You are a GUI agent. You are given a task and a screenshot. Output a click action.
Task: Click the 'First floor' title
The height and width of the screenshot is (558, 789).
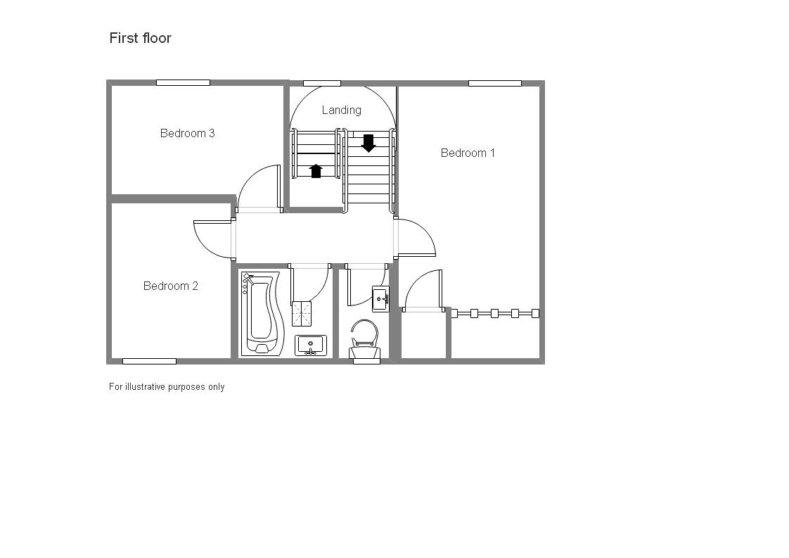pos(140,38)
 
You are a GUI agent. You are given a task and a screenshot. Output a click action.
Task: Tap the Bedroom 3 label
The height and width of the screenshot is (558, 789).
pos(187,133)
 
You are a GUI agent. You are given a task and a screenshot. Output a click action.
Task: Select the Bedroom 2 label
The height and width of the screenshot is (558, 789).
pos(170,286)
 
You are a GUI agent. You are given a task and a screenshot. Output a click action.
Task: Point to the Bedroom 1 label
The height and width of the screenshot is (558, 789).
pos(468,153)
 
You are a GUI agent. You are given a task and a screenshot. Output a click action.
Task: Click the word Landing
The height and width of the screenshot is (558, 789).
pos(341,110)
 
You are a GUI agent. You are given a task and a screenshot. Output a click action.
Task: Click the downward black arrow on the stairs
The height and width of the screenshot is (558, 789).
pos(368,144)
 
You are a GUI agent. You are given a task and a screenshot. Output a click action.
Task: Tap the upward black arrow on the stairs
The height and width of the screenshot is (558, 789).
pos(316,170)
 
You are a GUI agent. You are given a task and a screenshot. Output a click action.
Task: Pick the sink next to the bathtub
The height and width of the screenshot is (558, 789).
pos(310,345)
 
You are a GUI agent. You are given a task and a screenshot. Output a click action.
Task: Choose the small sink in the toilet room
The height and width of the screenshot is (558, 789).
pos(380,298)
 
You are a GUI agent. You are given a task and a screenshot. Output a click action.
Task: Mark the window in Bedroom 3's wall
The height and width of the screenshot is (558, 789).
pos(183,82)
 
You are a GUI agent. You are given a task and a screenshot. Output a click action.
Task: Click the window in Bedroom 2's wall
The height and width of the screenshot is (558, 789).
pos(149,361)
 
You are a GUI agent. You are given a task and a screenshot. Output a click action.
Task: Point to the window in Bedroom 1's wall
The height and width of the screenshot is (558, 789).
pos(494,83)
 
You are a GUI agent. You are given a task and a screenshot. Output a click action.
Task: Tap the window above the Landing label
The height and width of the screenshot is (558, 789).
pos(321,83)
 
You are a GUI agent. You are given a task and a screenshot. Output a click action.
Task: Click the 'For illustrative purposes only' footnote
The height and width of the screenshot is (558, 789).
pos(167,386)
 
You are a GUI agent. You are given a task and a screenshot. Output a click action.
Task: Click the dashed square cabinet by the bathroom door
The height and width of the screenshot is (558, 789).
pos(302,314)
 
